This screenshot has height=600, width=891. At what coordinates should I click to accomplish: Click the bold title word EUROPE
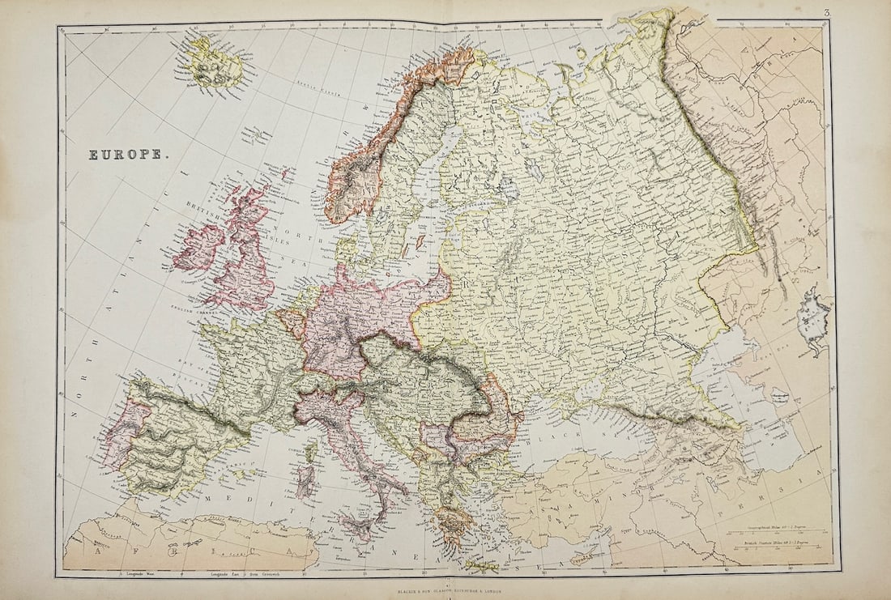click(x=125, y=154)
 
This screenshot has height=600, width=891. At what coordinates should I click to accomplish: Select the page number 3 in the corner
click(x=827, y=13)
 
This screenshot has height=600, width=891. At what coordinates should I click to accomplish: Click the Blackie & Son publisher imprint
click(x=449, y=591)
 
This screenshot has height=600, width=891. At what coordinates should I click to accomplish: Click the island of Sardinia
click(x=305, y=483)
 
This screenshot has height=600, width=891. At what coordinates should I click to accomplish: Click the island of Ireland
click(x=196, y=248)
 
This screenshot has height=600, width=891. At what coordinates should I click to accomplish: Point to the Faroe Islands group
click(x=257, y=132)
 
